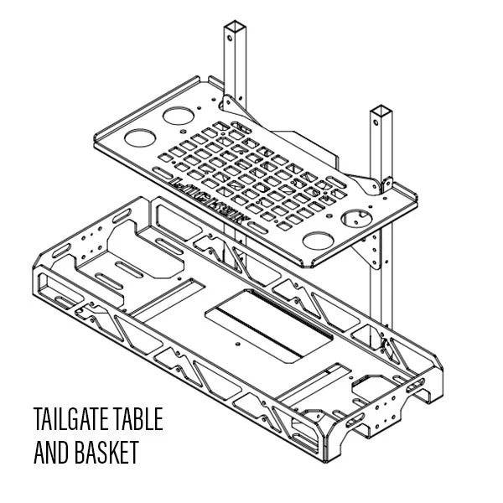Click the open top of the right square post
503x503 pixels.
click(381, 110)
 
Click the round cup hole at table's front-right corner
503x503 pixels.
click(318, 242)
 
